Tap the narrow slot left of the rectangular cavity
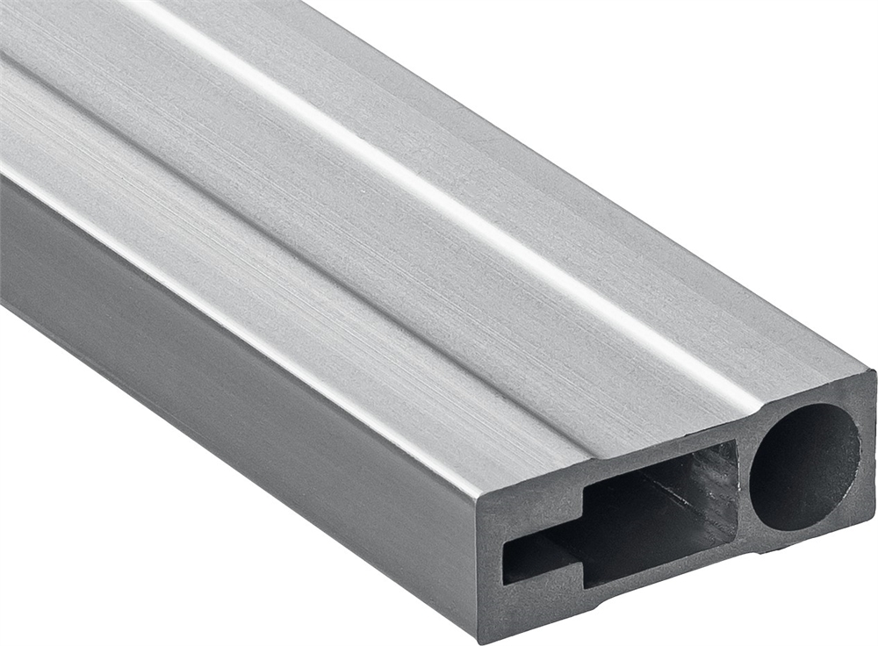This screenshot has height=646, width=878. coord(540,560)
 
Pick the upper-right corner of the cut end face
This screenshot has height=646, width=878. coord(874,372)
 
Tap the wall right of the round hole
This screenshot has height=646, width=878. coord(867,456)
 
